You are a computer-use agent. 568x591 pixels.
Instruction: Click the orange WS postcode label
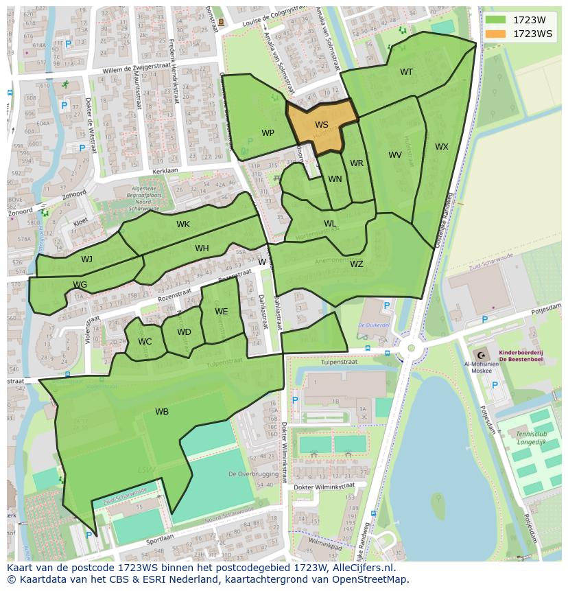[x=321, y=125]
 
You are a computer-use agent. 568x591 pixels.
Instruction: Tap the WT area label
[x=406, y=72]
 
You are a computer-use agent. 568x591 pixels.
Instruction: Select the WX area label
[x=441, y=147]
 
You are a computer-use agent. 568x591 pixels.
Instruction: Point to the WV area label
[x=394, y=155]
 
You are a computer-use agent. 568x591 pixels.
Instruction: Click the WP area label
[x=268, y=133]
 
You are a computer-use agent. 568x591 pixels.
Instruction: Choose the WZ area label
[x=356, y=264]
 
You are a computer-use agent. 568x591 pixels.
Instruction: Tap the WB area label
[x=161, y=412]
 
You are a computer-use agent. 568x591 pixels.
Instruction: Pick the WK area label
[x=182, y=224]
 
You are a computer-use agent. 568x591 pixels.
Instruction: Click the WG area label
[x=80, y=285]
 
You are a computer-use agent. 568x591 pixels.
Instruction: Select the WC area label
[x=145, y=342]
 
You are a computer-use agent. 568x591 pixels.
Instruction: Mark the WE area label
[x=221, y=312]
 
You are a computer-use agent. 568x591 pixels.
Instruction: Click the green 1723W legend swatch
[x=495, y=20]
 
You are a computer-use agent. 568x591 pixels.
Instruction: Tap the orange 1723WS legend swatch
[x=495, y=34]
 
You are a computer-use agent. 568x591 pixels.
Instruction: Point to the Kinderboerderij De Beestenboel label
[x=521, y=355]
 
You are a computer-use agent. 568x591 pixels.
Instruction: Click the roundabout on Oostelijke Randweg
[x=411, y=348]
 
